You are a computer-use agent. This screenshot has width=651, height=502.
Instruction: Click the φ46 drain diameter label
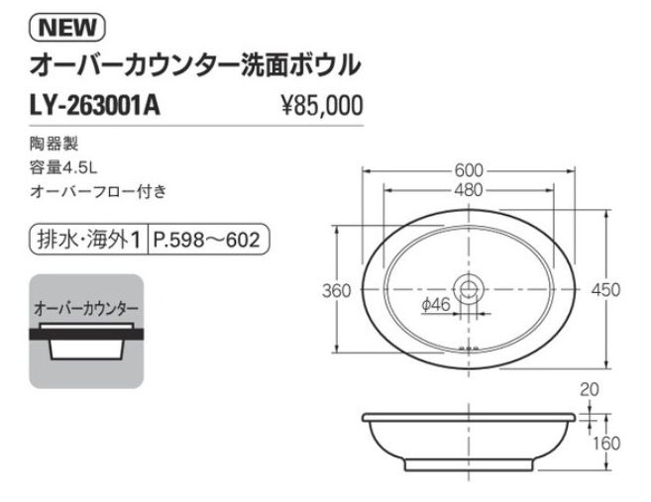pyautogui.click(x=436, y=306)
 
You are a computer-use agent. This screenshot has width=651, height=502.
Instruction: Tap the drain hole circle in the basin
pyautogui.click(x=470, y=289)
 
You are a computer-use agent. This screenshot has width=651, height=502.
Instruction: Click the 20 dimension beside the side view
pyautogui.click(x=591, y=390)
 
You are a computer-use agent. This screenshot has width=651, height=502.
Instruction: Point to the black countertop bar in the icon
pyautogui.click(x=87, y=336)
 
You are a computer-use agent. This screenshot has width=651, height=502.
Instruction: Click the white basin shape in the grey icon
pyautogui.click(x=87, y=350)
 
